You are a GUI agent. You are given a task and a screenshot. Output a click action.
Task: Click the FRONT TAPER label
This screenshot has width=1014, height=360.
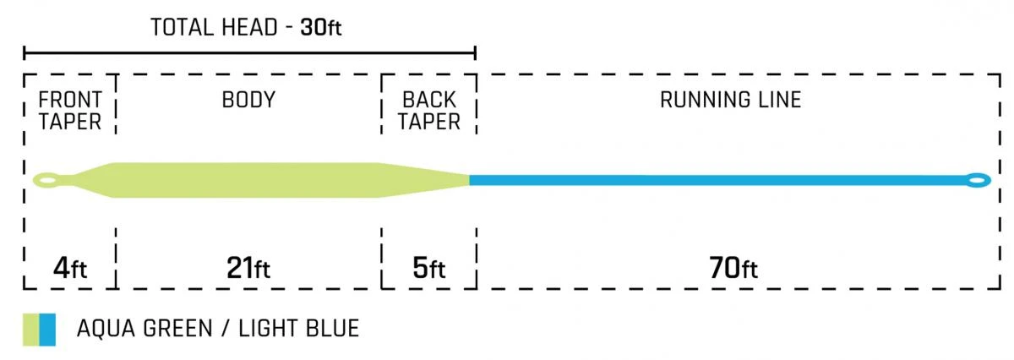point(70,111)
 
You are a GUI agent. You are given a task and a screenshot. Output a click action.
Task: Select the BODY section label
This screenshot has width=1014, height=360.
point(248,100)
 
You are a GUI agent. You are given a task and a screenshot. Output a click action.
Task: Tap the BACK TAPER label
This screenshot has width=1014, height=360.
point(429,111)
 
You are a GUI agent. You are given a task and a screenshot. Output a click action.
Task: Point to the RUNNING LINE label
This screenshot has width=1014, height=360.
point(730,100)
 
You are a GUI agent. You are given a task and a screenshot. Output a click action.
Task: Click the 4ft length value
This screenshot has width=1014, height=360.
point(68,270)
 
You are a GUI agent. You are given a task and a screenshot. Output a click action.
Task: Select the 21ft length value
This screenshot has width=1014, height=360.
point(248,270)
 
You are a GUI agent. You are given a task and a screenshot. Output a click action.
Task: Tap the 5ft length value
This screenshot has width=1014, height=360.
point(428,270)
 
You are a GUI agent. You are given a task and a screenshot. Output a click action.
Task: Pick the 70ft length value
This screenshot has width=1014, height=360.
point(732,270)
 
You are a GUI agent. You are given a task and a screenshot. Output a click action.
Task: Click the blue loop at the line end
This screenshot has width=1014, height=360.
point(979,179)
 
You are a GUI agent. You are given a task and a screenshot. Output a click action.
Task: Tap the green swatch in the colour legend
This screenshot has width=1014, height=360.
point(31,329)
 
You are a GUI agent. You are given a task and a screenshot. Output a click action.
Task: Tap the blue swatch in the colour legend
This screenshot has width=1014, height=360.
point(48,329)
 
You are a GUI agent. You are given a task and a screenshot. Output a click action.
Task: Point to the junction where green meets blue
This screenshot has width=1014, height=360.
point(470,179)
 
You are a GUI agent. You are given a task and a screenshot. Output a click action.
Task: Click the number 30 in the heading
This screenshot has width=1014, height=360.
point(311,27)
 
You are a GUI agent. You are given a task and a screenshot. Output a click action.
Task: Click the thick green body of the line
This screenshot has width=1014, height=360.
point(245,179)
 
